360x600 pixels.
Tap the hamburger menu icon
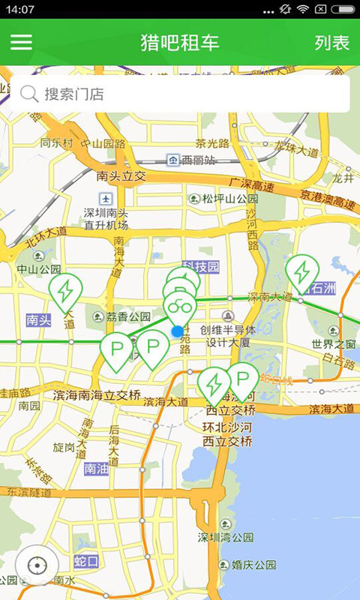pyautogui.click(x=21, y=42)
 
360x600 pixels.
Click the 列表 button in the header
pyautogui.click(x=331, y=42)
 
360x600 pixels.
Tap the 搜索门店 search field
pyautogui.click(x=180, y=94)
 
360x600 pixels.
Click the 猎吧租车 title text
pyautogui.click(x=180, y=42)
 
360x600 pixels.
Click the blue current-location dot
pyautogui.click(x=177, y=331)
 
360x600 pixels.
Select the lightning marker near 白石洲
pyautogui.click(x=302, y=271)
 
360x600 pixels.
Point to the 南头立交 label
pyautogui.click(x=120, y=176)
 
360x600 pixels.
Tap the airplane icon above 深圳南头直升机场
pyautogui.click(x=106, y=199)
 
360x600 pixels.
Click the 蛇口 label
pyautogui.click(x=86, y=561)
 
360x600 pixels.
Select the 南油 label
pyautogui.click(x=97, y=469)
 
